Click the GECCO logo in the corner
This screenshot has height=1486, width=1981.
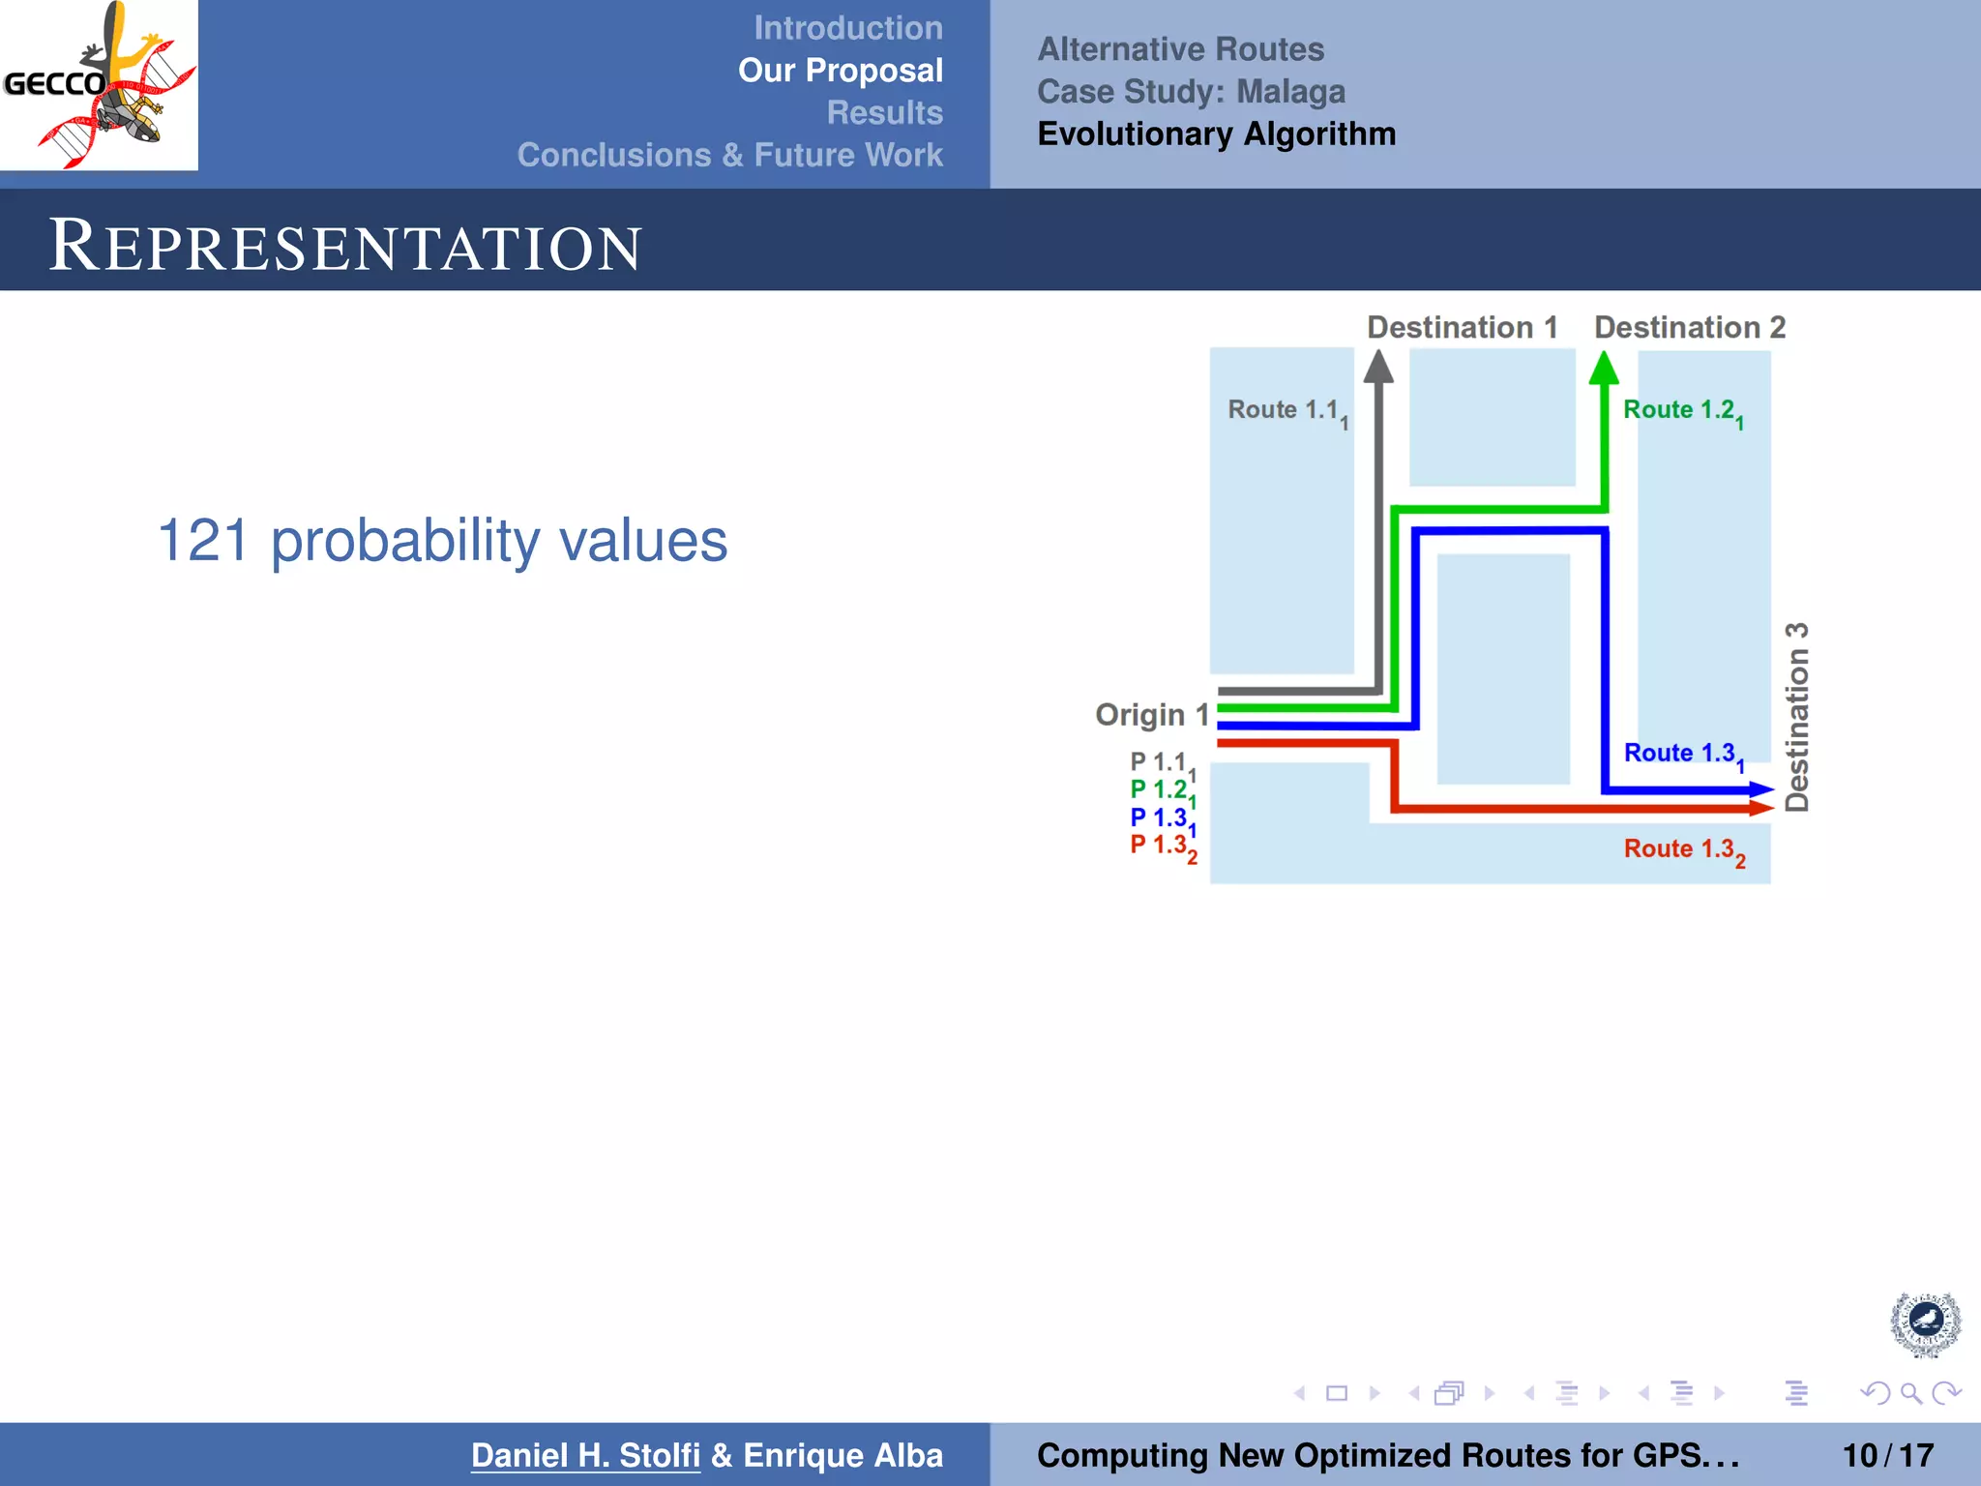pos(99,85)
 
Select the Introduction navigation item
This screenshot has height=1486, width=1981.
pos(847,28)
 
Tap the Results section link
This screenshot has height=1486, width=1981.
pos(884,112)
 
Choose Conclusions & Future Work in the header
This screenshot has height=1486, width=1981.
pos(729,155)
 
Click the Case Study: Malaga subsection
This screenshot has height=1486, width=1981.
pos(1191,92)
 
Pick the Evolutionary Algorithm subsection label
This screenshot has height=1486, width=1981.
pos(1216,134)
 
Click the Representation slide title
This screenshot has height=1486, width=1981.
pos(344,246)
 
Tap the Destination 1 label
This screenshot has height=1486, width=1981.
pos(1462,328)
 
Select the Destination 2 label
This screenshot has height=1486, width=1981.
pos(1689,328)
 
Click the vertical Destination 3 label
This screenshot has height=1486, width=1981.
pos(1796,717)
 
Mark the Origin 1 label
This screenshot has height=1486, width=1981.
pos(1151,715)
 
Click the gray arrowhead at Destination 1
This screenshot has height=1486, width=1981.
pos(1378,367)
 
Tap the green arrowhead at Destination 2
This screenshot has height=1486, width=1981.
pos(1604,369)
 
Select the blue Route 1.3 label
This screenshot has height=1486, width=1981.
pos(1682,754)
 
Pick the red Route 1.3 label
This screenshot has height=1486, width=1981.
pos(1682,849)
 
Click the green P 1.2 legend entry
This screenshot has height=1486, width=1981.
pos(1162,790)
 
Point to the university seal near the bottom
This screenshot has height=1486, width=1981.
pos(1925,1323)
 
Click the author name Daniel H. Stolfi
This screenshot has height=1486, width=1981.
pos(585,1455)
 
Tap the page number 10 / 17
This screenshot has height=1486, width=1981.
pos(1887,1455)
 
